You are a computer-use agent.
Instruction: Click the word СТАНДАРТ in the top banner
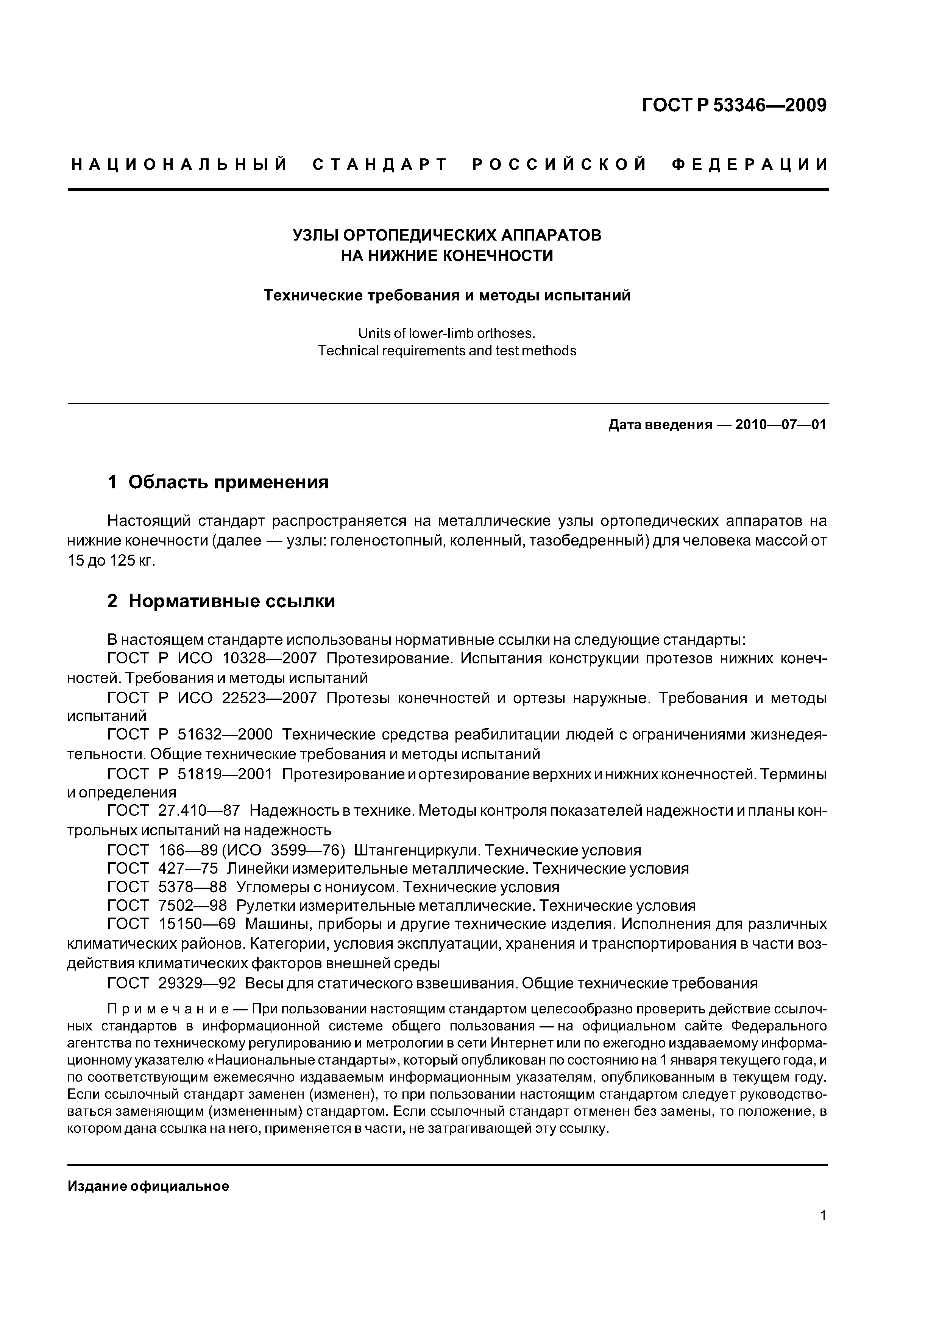pyautogui.click(x=380, y=165)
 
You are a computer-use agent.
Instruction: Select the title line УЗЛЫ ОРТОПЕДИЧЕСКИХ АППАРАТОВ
pyautogui.click(x=447, y=236)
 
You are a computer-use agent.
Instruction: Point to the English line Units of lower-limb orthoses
pyautogui.click(x=447, y=333)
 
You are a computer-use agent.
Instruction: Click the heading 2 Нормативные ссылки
pyautogui.click(x=221, y=601)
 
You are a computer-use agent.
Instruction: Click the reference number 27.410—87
pyautogui.click(x=198, y=811)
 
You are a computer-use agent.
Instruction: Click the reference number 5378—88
pyautogui.click(x=192, y=887)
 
